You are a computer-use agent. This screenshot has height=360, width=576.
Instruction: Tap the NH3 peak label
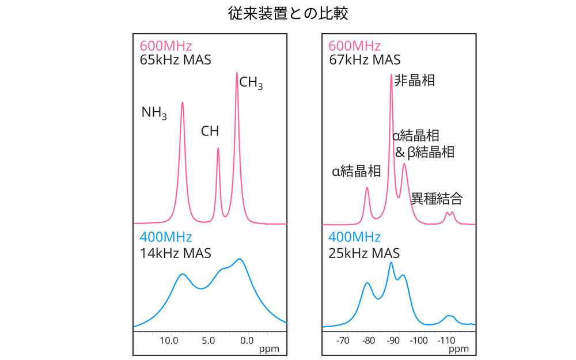tap(154, 112)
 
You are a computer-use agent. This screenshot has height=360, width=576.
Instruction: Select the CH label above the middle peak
tap(210, 131)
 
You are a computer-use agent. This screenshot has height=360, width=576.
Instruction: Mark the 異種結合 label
tap(437, 199)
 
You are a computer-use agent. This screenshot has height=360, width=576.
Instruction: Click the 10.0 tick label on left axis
tap(168, 340)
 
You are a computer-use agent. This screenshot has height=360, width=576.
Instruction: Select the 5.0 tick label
tap(208, 340)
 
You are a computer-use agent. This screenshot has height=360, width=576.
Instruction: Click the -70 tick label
tap(343, 340)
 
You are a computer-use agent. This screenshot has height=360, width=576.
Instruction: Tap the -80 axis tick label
tap(369, 340)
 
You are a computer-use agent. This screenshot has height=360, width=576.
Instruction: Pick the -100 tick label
tap(419, 340)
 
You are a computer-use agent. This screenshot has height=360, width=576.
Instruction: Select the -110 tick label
tap(446, 340)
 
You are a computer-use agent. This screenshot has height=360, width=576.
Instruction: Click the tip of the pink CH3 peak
tap(237, 73)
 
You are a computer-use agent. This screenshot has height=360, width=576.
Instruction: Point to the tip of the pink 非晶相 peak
tap(391, 74)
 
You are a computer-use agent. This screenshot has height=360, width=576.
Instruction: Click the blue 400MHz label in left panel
tap(165, 237)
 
